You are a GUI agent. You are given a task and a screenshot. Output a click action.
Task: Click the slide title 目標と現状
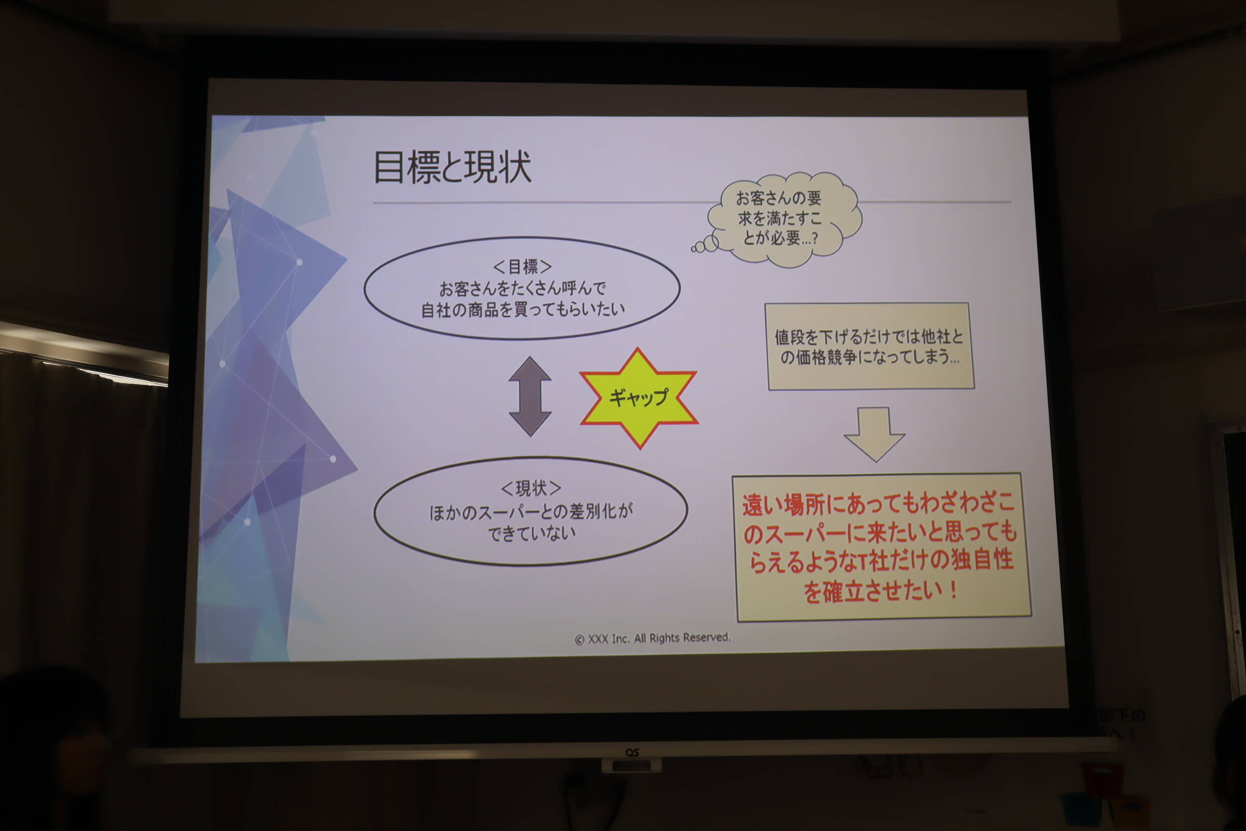click(452, 167)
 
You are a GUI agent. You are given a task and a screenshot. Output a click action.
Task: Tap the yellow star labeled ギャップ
click(639, 398)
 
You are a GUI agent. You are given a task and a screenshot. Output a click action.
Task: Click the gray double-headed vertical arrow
click(530, 396)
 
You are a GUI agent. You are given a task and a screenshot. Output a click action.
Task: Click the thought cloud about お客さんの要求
click(784, 218)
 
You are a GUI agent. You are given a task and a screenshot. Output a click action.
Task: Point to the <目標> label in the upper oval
click(522, 266)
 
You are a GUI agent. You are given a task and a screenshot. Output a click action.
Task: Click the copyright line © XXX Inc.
click(653, 638)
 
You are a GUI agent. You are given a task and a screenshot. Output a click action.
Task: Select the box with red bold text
click(882, 546)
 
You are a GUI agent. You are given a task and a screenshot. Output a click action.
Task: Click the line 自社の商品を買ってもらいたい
click(523, 309)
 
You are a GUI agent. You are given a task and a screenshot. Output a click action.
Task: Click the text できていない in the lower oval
click(531, 533)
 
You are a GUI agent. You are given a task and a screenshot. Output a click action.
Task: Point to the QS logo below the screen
click(632, 753)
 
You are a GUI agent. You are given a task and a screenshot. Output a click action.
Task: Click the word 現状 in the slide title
click(497, 167)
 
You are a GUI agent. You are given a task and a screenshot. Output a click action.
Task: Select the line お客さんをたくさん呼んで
click(522, 288)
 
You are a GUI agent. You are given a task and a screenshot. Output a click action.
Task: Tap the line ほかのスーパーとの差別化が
click(531, 512)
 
